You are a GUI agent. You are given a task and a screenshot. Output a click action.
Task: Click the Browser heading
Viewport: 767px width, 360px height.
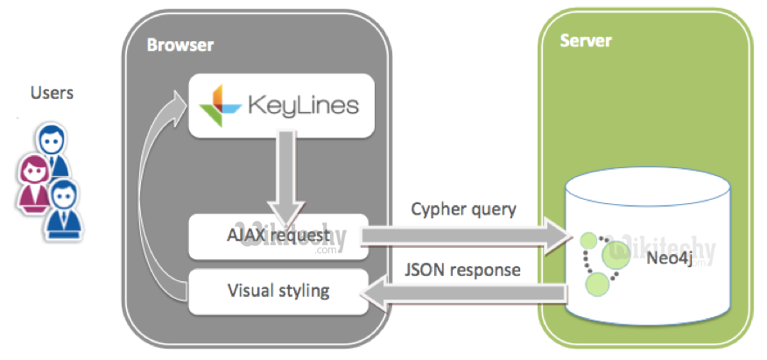coord(180,45)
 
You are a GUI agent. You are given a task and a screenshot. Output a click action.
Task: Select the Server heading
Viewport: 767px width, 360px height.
coord(586,41)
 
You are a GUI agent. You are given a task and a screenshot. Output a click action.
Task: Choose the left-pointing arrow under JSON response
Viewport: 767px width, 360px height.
coord(464,296)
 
